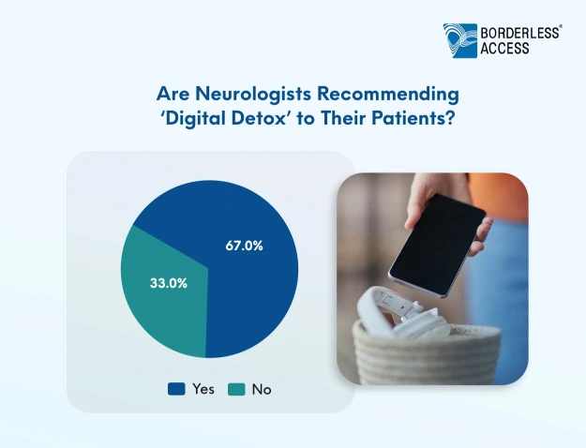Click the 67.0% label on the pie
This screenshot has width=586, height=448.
tap(244, 246)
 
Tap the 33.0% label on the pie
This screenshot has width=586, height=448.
tap(169, 283)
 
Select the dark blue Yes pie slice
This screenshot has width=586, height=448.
tap(239, 284)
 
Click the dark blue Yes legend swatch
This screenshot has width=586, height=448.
tap(176, 389)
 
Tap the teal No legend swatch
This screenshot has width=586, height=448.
tap(236, 389)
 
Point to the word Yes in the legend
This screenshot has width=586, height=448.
tap(203, 389)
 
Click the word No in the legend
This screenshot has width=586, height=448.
tap(262, 389)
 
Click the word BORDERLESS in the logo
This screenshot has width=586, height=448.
tap(519, 33)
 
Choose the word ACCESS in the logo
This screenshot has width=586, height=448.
tap(504, 48)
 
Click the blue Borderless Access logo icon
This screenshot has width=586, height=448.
tap(460, 40)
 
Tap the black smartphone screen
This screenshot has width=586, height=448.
tap(437, 245)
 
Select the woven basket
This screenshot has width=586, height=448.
tap(426, 353)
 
